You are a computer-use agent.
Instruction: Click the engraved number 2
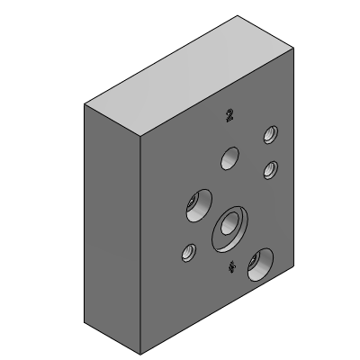tap(230, 114)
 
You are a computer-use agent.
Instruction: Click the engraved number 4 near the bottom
tap(232, 266)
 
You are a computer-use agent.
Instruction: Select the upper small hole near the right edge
tap(268, 136)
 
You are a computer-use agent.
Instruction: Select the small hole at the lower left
tap(188, 254)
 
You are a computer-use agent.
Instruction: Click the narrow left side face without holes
tap(112, 225)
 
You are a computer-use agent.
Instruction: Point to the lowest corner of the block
tap(141, 351)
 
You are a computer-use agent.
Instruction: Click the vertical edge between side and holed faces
tap(141, 243)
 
